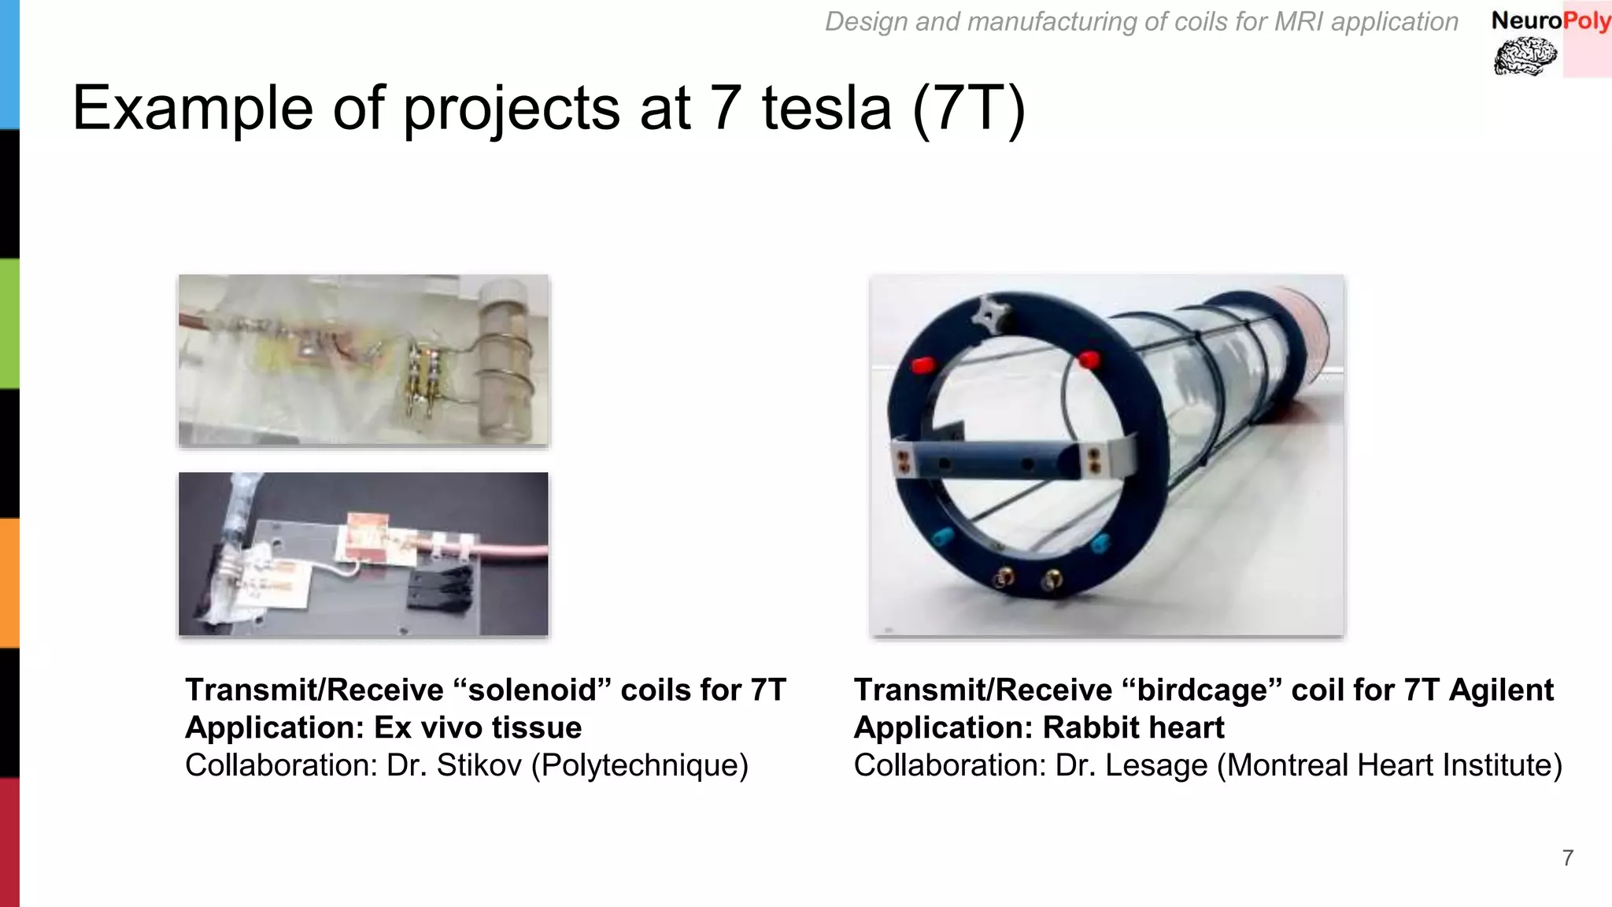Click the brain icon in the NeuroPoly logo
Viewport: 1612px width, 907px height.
[1525, 57]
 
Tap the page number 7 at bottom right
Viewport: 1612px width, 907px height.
[1567, 857]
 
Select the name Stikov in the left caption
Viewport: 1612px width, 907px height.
[479, 765]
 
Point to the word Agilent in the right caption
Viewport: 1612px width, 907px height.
[1501, 690]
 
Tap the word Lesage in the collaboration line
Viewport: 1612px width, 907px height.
[1155, 765]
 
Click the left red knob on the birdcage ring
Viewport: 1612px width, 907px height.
[922, 365]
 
